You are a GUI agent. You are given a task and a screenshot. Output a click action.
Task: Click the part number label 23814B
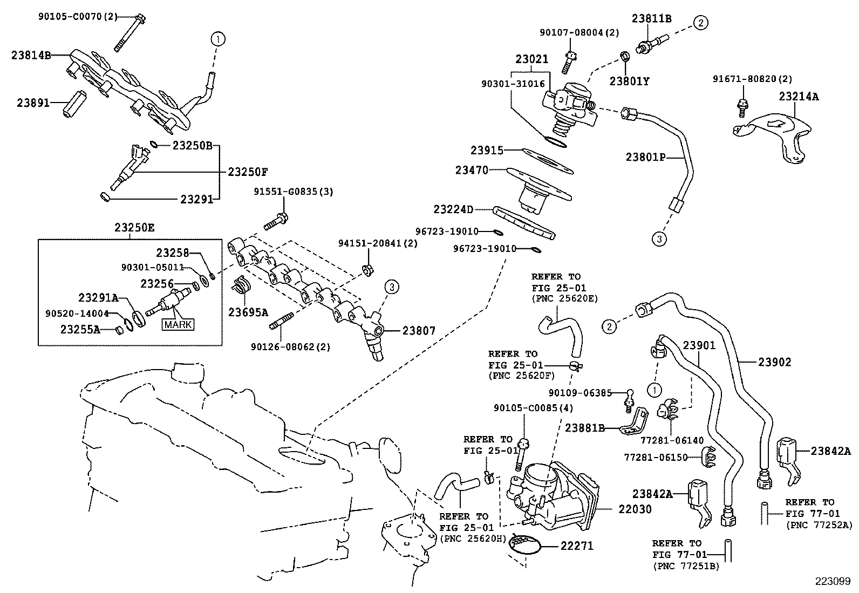(x=31, y=54)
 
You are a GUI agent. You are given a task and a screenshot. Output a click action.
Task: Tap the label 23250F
(x=248, y=172)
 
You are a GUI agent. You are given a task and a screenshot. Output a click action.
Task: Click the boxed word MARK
(x=178, y=325)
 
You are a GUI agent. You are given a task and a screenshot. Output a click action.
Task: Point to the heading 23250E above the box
(x=134, y=228)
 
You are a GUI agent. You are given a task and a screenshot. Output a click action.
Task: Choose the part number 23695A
(x=248, y=312)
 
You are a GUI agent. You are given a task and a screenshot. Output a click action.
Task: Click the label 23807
(x=419, y=331)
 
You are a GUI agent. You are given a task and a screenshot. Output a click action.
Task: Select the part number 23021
(x=531, y=59)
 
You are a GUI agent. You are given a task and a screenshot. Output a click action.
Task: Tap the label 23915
(x=487, y=151)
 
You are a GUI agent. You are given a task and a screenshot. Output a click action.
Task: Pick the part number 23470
(x=471, y=171)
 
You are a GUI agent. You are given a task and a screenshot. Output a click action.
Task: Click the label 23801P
(x=645, y=157)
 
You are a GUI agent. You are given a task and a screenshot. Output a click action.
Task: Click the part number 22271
(x=576, y=546)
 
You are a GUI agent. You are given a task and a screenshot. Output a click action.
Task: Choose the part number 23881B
(x=584, y=428)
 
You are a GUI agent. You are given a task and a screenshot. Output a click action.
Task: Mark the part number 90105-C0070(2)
(x=77, y=16)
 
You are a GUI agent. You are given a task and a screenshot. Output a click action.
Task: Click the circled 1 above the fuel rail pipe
(x=217, y=39)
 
